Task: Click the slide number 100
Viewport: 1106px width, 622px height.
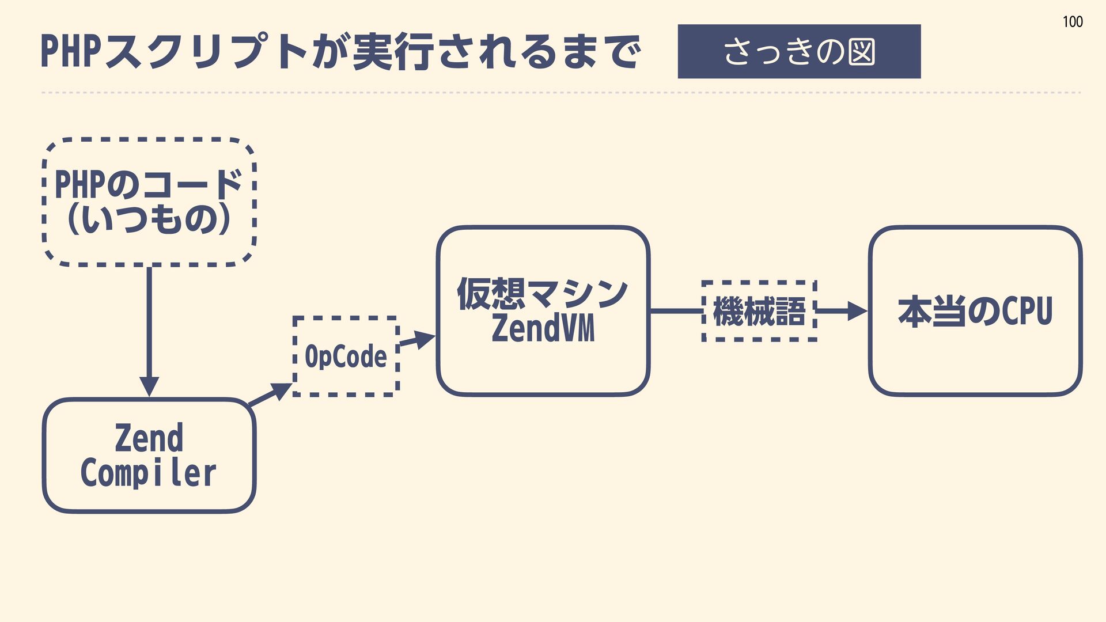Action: coord(1072,22)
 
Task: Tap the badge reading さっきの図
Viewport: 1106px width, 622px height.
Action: coord(798,51)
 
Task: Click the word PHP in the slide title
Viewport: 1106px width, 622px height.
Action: coord(71,52)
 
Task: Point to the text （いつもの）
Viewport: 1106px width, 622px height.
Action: coord(149,219)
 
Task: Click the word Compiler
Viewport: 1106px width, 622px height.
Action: coord(149,473)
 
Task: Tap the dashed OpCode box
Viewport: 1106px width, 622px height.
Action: coord(346,356)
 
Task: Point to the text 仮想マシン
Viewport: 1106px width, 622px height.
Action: coord(542,293)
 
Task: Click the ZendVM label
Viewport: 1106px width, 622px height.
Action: coord(543,329)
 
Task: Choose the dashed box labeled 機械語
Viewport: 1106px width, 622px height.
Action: coord(759,312)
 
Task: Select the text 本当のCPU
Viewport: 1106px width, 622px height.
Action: coord(975,312)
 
